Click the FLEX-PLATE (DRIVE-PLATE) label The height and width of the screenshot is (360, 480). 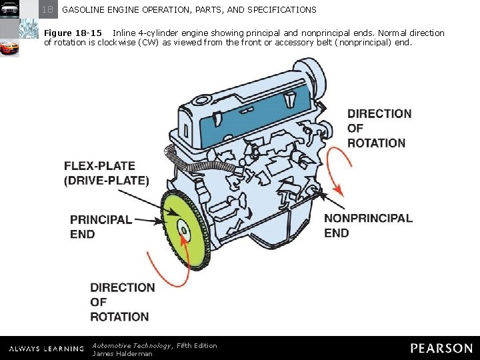click(106, 173)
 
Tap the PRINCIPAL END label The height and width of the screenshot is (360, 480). click(101, 227)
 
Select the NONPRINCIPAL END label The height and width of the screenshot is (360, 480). click(368, 225)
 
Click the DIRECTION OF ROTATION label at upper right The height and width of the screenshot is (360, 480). click(379, 128)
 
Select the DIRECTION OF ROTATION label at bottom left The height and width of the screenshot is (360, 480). click(122, 302)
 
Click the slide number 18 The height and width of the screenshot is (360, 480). click(48, 10)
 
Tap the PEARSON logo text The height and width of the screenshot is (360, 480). click(441, 348)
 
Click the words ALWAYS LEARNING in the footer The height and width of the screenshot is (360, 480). click(47, 349)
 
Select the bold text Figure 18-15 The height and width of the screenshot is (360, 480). click(73, 33)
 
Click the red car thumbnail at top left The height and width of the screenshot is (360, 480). click(10, 48)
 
